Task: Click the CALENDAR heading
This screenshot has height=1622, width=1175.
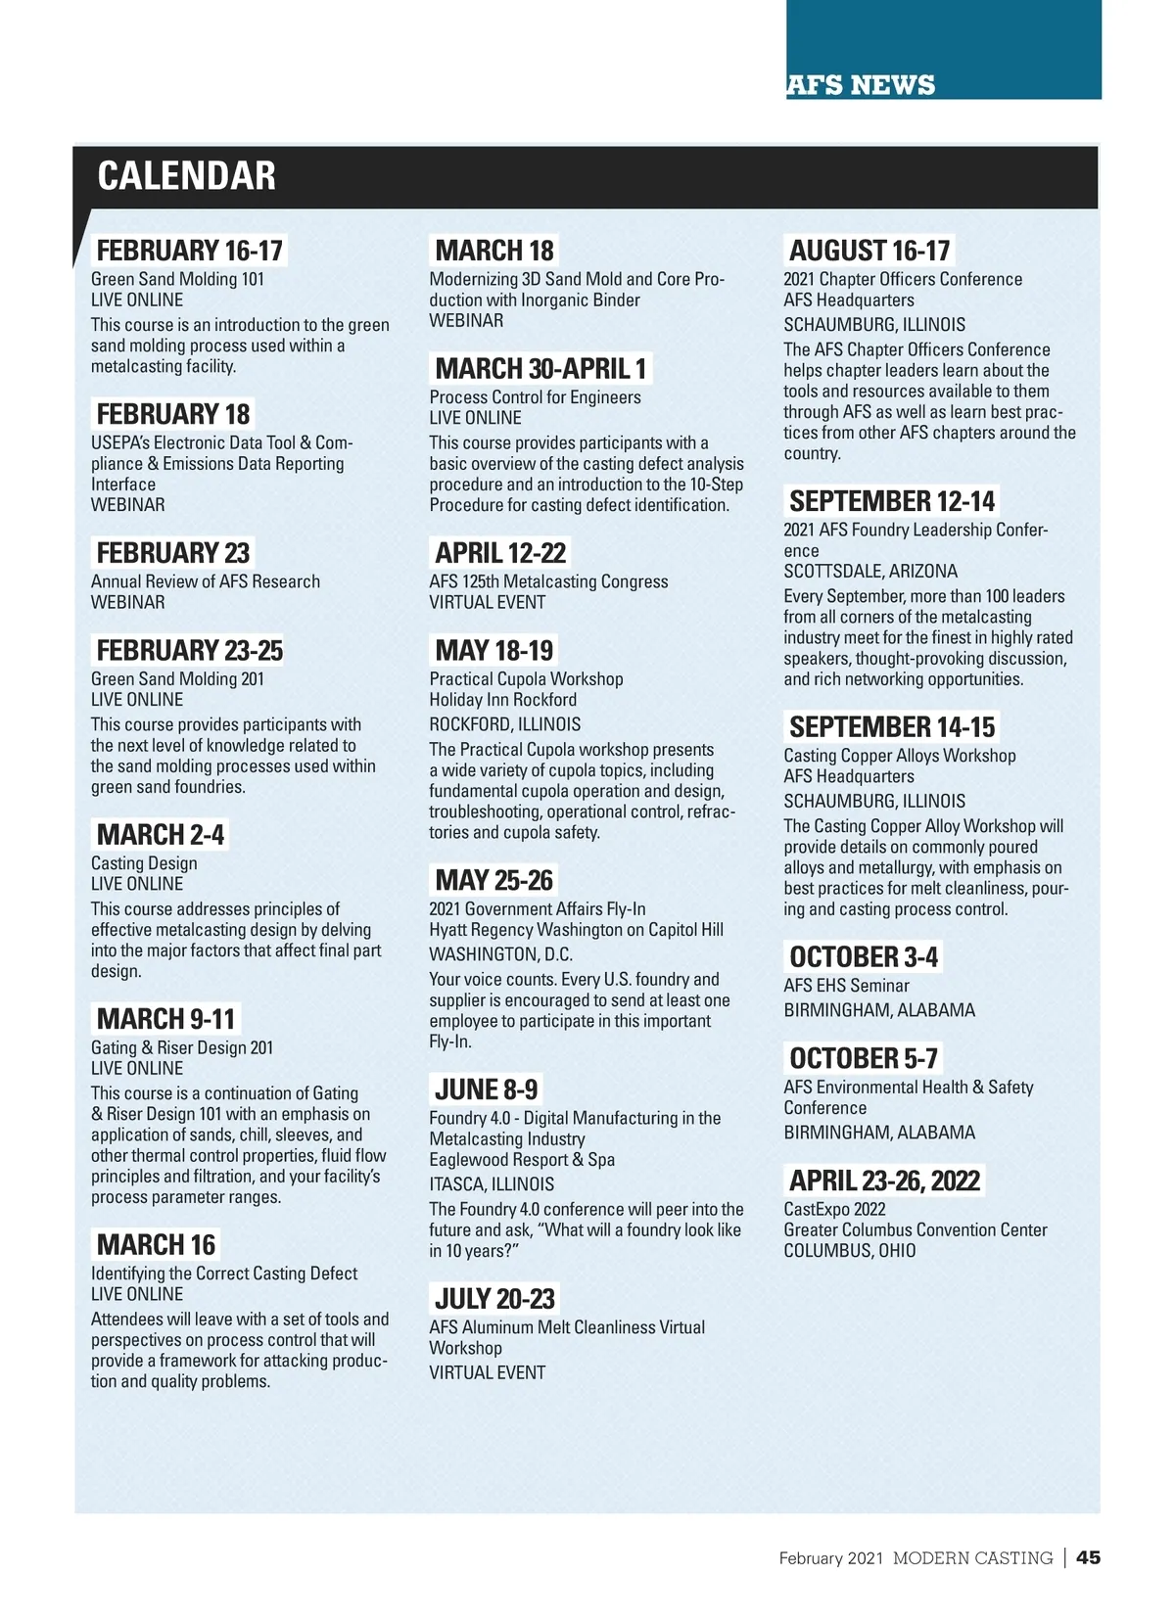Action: pyautogui.click(x=186, y=176)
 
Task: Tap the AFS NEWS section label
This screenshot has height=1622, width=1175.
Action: pyautogui.click(x=861, y=85)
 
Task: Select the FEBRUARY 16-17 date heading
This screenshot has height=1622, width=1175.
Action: pyautogui.click(x=189, y=251)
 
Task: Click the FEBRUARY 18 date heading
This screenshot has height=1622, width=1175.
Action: pyautogui.click(x=173, y=414)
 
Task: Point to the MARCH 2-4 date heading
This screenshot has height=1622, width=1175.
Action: pyautogui.click(x=161, y=835)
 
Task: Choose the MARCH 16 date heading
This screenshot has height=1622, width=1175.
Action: pyautogui.click(x=156, y=1245)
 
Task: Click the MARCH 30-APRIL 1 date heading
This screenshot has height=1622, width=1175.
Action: pyautogui.click(x=540, y=369)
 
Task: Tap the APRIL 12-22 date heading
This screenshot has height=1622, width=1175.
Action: pyautogui.click(x=500, y=553)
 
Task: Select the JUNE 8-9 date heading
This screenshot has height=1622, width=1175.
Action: pyautogui.click(x=486, y=1089)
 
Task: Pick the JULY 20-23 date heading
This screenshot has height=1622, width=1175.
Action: pyautogui.click(x=494, y=1299)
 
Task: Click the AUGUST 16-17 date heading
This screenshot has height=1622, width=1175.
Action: pyautogui.click(x=869, y=251)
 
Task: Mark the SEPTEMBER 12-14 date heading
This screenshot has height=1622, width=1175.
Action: pyautogui.click(x=892, y=501)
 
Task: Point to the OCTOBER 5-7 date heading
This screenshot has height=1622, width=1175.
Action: pyautogui.click(x=864, y=1058)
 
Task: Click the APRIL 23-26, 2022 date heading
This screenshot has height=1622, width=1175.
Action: pyautogui.click(x=884, y=1181)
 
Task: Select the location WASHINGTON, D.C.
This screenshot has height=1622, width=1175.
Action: pyautogui.click(x=500, y=954)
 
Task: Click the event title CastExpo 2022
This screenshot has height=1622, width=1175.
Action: pyautogui.click(x=834, y=1210)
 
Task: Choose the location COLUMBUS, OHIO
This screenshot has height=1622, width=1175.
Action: pyautogui.click(x=849, y=1251)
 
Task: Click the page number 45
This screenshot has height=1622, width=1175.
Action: pyautogui.click(x=1088, y=1557)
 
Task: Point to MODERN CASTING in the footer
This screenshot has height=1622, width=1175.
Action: pyautogui.click(x=972, y=1558)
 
